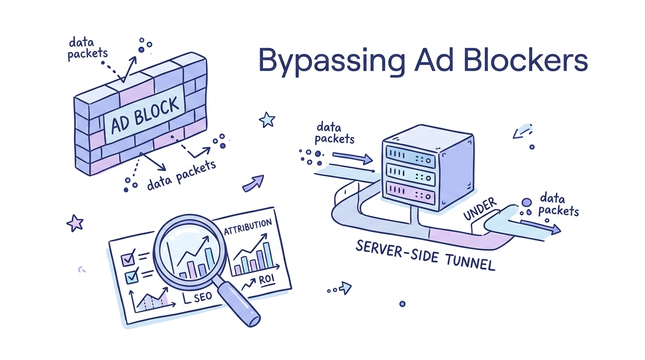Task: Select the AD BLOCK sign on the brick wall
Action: (145, 113)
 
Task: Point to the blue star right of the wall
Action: (267, 120)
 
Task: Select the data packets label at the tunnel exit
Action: (558, 204)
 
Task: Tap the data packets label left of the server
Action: (334, 133)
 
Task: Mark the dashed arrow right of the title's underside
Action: (522, 131)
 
